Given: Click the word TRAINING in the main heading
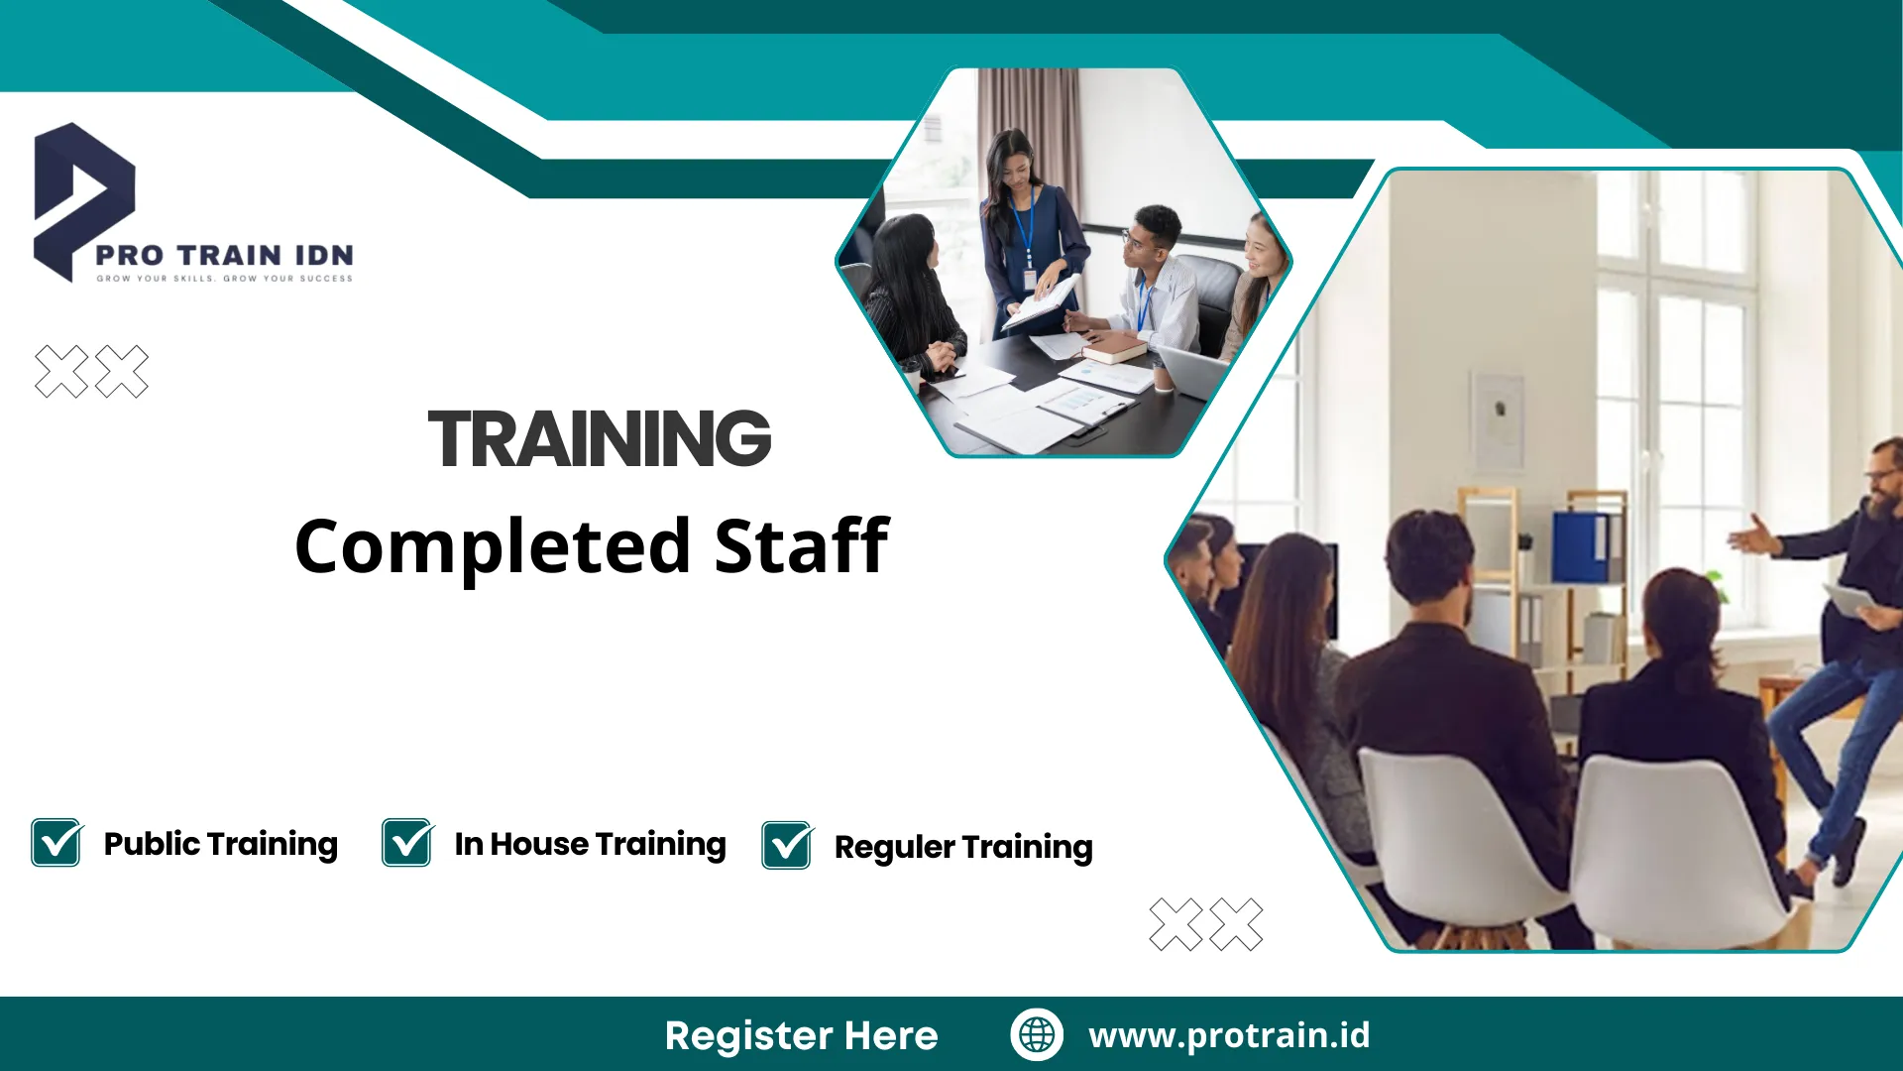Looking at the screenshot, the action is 599,438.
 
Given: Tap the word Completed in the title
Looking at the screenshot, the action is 493,547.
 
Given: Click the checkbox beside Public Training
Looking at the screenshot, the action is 56,843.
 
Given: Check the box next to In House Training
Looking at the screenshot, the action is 407,843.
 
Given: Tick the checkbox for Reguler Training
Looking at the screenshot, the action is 788,846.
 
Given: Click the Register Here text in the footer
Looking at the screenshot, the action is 801,1035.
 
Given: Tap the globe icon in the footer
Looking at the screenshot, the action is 1037,1034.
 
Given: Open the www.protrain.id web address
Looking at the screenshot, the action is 1229,1035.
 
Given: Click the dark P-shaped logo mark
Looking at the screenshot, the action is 81,198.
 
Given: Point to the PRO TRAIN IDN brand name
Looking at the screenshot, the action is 224,255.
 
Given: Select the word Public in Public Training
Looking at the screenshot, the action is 152,844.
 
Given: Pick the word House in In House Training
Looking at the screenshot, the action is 539,844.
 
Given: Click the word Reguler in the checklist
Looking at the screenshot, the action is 894,848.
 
